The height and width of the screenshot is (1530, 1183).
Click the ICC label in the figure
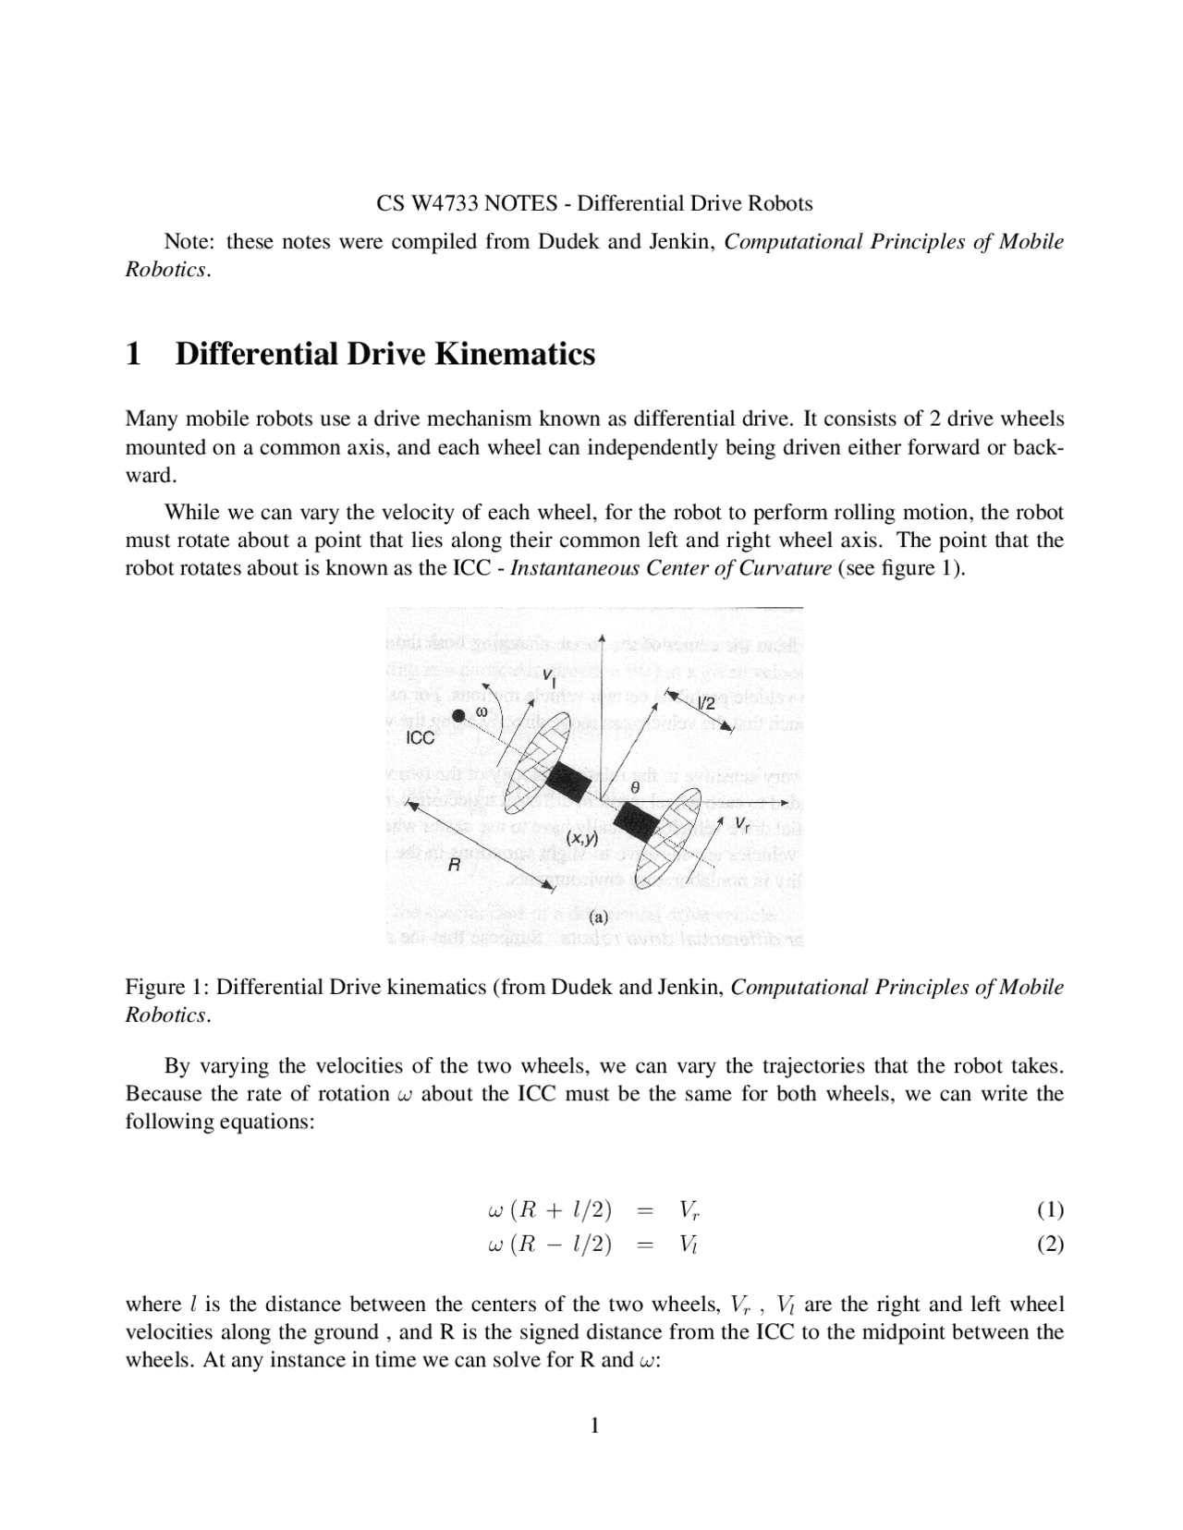[421, 738]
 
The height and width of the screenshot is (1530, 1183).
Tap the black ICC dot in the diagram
[459, 715]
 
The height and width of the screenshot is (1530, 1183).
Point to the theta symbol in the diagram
[634, 786]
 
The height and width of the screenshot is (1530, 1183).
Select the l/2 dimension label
[706, 704]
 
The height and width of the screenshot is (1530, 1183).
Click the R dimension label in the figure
[454, 866]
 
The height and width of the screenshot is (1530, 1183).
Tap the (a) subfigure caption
[598, 917]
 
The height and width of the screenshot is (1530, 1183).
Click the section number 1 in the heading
[134, 354]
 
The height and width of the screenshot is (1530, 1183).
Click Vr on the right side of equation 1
[689, 1210]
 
